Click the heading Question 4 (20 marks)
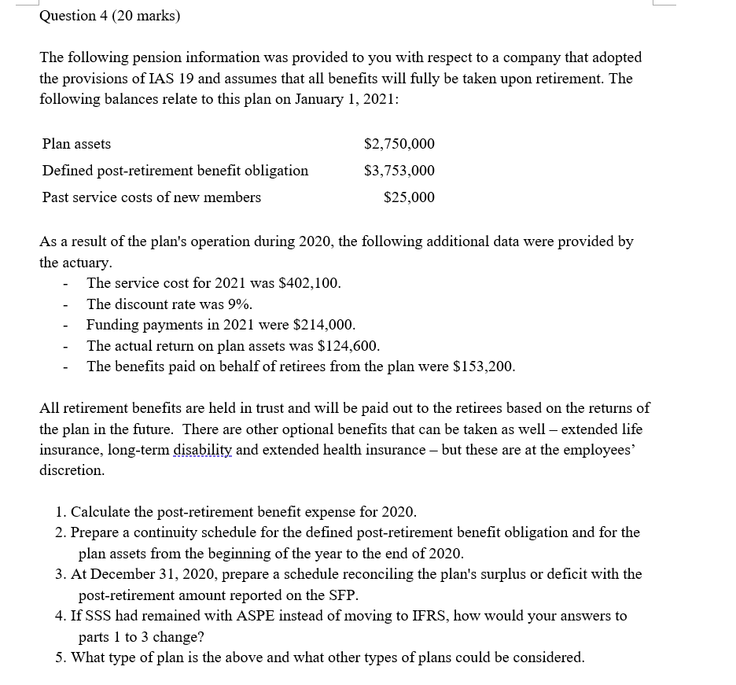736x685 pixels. (109, 15)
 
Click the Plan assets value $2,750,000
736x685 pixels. (399, 144)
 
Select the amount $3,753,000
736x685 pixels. (399, 171)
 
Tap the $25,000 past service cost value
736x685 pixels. (409, 197)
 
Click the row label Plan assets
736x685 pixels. (76, 144)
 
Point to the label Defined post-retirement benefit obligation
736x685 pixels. (175, 171)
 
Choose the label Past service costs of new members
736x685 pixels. (152, 197)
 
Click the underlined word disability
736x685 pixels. (202, 450)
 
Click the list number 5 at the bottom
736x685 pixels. (61, 657)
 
